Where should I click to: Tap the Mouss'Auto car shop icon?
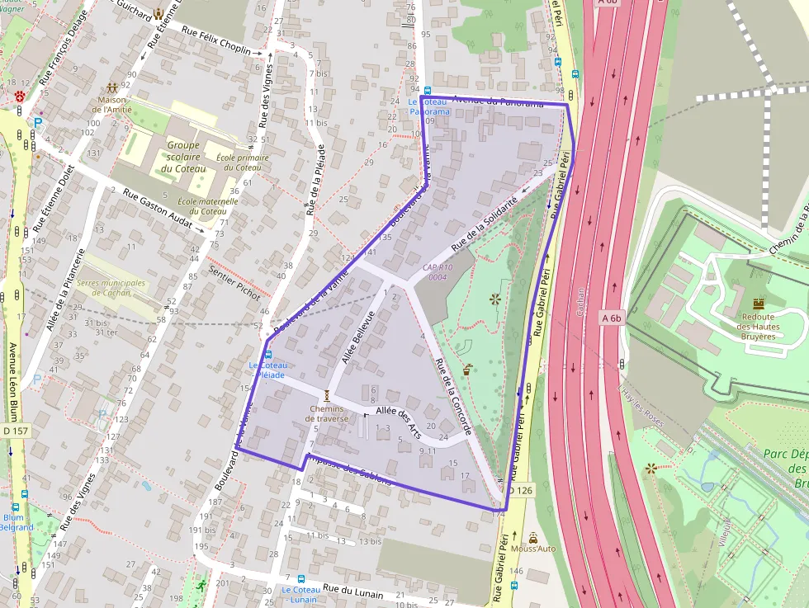pos(532,536)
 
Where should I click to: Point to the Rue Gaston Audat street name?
pos(158,210)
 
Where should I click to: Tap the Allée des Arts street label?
pos(398,421)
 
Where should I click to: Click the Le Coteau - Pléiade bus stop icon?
pos(267,354)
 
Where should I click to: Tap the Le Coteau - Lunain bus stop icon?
pos(300,579)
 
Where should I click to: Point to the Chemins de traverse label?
pos(328,413)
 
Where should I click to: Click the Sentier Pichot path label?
pos(234,282)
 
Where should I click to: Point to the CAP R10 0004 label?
pos(438,272)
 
